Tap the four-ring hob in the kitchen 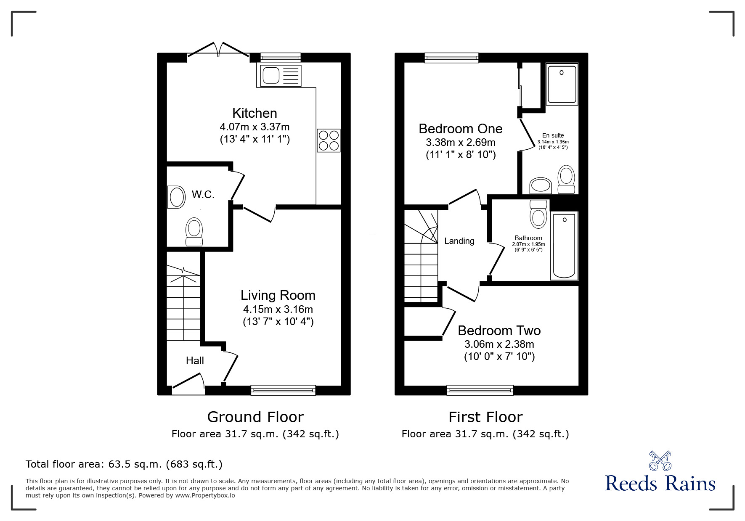[329, 140]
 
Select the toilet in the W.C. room [194, 231]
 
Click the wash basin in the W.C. [176, 197]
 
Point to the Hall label [195, 360]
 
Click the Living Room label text [278, 295]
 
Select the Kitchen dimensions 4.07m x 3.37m [255, 126]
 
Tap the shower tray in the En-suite [562, 84]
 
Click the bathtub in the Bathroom [564, 246]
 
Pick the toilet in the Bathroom [539, 214]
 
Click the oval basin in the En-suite [540, 185]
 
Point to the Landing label [459, 241]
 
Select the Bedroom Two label [499, 331]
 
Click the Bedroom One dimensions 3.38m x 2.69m [461, 142]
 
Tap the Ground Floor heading [255, 417]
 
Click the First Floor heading [485, 417]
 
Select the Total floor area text [124, 464]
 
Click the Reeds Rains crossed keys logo [660, 461]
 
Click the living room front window [283, 390]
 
